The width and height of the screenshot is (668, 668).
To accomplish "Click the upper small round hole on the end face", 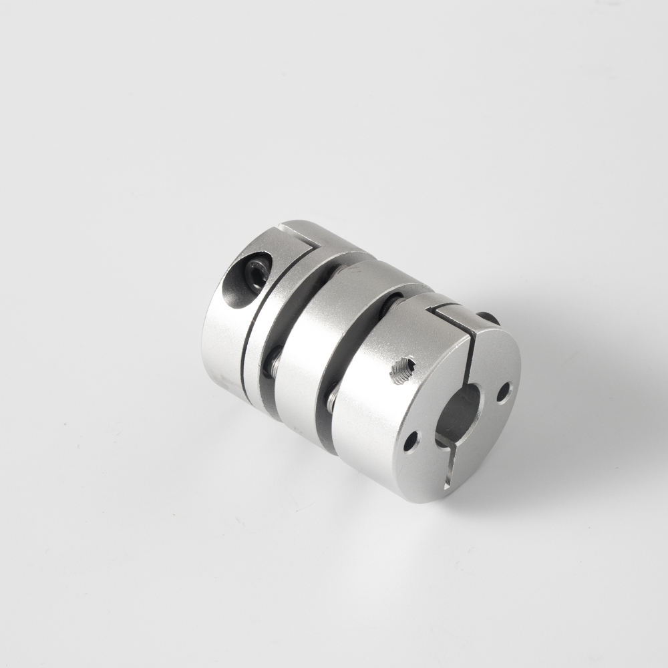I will point(504,391).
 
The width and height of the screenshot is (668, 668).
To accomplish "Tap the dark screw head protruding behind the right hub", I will point(489,319).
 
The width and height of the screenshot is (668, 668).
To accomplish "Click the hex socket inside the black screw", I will point(257,273).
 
